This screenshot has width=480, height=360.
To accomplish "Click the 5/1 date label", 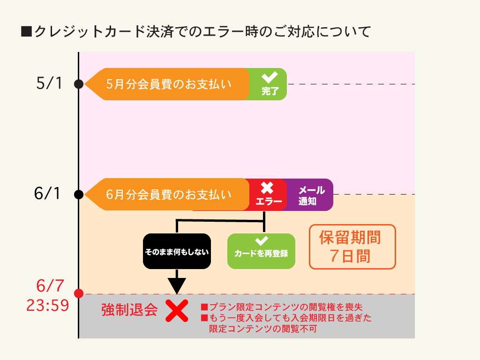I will click(49, 84).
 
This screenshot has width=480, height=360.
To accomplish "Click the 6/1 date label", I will click(48, 194).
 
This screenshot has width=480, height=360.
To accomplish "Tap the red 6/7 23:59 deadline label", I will click(48, 295).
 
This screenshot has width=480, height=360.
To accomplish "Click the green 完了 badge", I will click(268, 84).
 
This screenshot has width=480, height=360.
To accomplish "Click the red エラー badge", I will click(268, 195).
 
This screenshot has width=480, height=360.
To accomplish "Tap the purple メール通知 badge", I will click(310, 195).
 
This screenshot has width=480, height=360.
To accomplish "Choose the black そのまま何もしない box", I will click(177, 251).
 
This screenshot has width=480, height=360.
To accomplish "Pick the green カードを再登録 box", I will click(261, 251).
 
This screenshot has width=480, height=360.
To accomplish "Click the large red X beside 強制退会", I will click(177, 311).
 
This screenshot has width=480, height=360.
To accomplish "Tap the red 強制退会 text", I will click(129, 310).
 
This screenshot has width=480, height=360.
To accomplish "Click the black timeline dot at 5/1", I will click(79, 84).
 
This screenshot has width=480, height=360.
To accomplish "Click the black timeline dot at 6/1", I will click(79, 194).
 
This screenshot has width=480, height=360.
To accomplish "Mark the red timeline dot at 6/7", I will click(79, 294).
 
